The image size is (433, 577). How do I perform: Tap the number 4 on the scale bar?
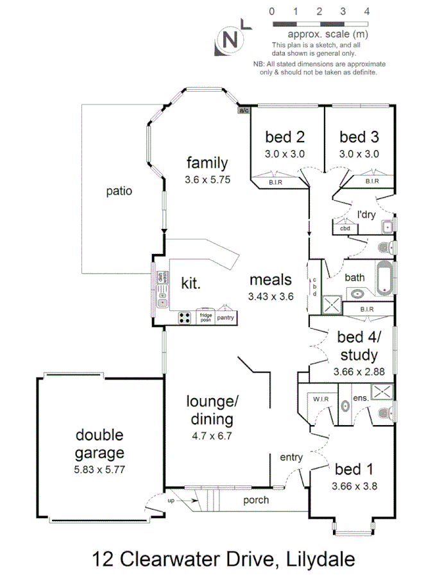pos(366,11)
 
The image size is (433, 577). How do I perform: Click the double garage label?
pos(99,444)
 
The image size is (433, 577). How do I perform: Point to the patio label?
pos(119,190)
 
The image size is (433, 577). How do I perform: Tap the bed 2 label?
pos(284,137)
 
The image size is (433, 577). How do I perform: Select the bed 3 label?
pos(359,137)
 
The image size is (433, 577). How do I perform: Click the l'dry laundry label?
pos(366,213)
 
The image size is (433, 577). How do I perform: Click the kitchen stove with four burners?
pos(185,317)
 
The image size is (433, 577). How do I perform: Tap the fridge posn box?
pos(205,317)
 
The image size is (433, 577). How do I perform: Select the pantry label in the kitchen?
pos(226,317)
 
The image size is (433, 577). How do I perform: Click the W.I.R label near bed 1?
pos(320,399)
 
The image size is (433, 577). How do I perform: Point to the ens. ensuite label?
pos(361,398)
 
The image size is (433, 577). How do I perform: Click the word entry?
pos(291,457)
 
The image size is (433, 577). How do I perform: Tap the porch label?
pos(255,500)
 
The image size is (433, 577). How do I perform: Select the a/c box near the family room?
pos(244,110)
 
